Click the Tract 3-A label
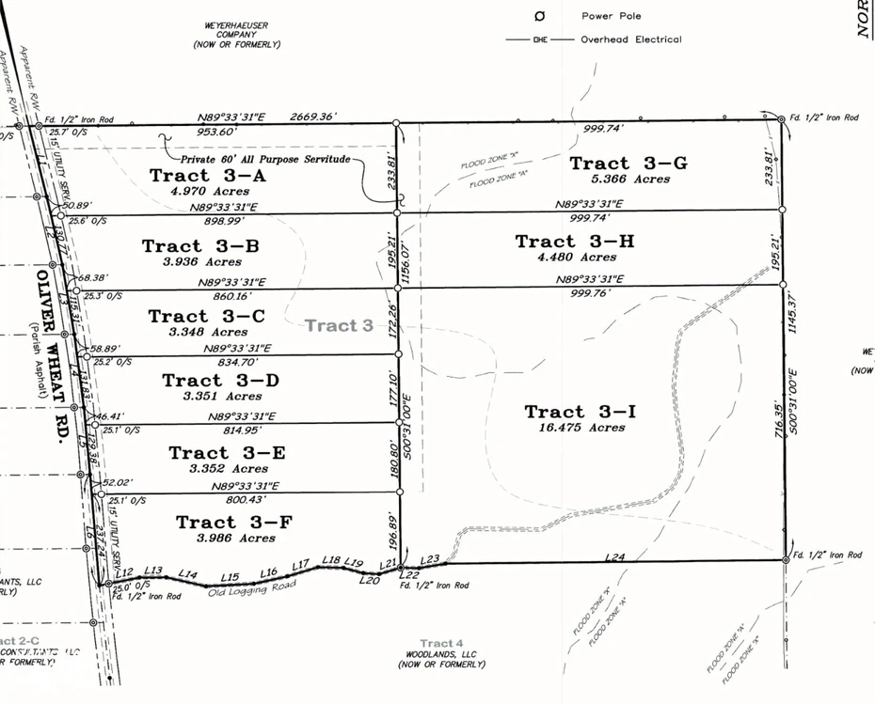208,175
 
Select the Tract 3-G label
628,164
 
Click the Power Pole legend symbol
539,16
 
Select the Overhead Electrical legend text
631,39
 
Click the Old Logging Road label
252,587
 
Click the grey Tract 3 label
339,325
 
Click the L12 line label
127,571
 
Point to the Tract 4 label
441,643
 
